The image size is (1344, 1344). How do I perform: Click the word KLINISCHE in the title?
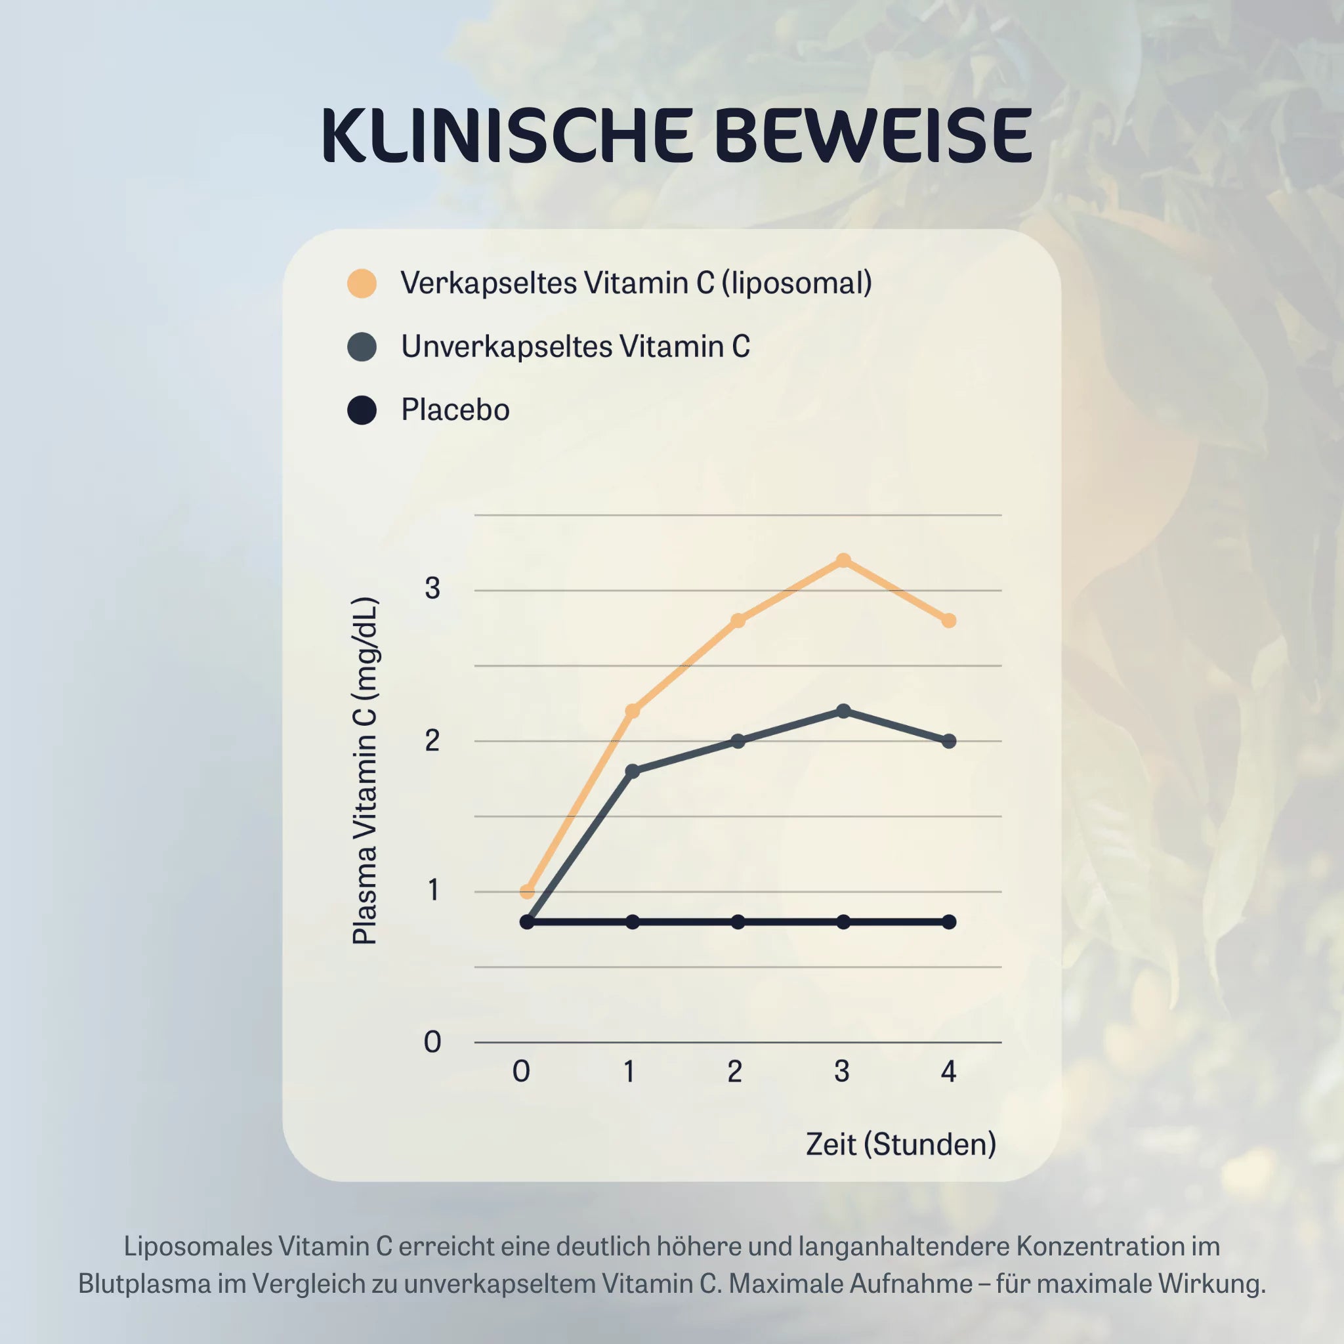(507, 136)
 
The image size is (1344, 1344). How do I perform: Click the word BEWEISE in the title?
(872, 136)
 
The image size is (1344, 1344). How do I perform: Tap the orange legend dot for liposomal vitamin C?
(362, 283)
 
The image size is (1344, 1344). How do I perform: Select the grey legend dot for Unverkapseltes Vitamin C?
(362, 346)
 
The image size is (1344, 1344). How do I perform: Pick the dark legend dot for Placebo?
(362, 409)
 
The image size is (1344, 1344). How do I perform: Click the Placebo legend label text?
(455, 409)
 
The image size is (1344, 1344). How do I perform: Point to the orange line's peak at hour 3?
(843, 560)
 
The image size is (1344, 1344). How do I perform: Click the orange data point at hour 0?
(528, 891)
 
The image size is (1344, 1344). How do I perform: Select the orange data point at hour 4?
(949, 619)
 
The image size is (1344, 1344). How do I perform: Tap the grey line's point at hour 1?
(633, 771)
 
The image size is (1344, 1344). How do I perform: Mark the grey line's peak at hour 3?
(843, 711)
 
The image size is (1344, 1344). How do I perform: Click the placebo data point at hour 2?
(738, 922)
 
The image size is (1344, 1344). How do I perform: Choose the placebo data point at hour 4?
(949, 922)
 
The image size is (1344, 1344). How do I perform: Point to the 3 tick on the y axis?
(432, 589)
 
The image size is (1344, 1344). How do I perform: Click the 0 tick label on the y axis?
(432, 1042)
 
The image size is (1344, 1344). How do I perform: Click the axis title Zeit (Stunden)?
(901, 1144)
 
